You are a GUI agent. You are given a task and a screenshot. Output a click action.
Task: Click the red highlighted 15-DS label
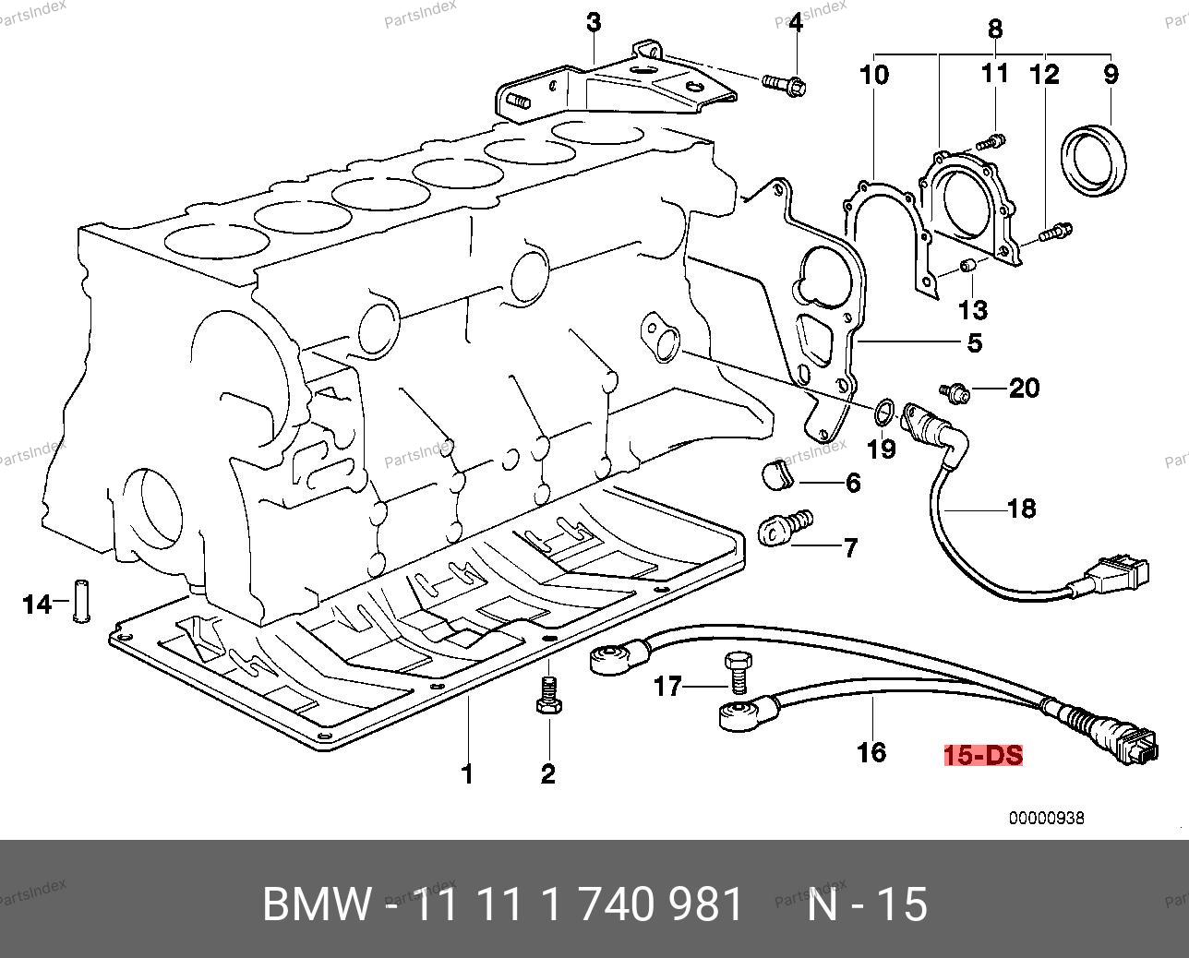[983, 755]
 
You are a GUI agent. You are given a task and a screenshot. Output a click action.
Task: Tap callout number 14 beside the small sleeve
[37, 605]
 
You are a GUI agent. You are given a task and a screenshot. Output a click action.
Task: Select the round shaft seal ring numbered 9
[1095, 162]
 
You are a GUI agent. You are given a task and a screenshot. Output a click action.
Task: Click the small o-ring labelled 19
[883, 412]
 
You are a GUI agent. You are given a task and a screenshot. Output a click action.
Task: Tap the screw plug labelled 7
[783, 529]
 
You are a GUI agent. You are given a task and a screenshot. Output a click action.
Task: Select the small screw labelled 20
[956, 394]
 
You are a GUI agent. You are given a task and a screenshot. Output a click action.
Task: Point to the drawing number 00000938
[1045, 818]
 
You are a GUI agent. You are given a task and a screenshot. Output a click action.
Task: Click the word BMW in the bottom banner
[318, 904]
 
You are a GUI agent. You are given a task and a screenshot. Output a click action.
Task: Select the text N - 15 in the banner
[868, 904]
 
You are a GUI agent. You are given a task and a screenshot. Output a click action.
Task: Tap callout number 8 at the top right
[994, 28]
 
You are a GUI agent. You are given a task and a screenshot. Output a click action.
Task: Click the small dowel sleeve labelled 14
[81, 601]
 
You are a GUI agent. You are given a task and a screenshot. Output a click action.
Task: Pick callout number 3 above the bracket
[594, 22]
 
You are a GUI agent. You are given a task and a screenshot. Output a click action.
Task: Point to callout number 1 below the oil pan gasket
[467, 773]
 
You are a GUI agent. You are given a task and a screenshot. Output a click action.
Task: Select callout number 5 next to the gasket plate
[974, 342]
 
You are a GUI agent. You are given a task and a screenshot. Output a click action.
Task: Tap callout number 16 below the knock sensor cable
[871, 752]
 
